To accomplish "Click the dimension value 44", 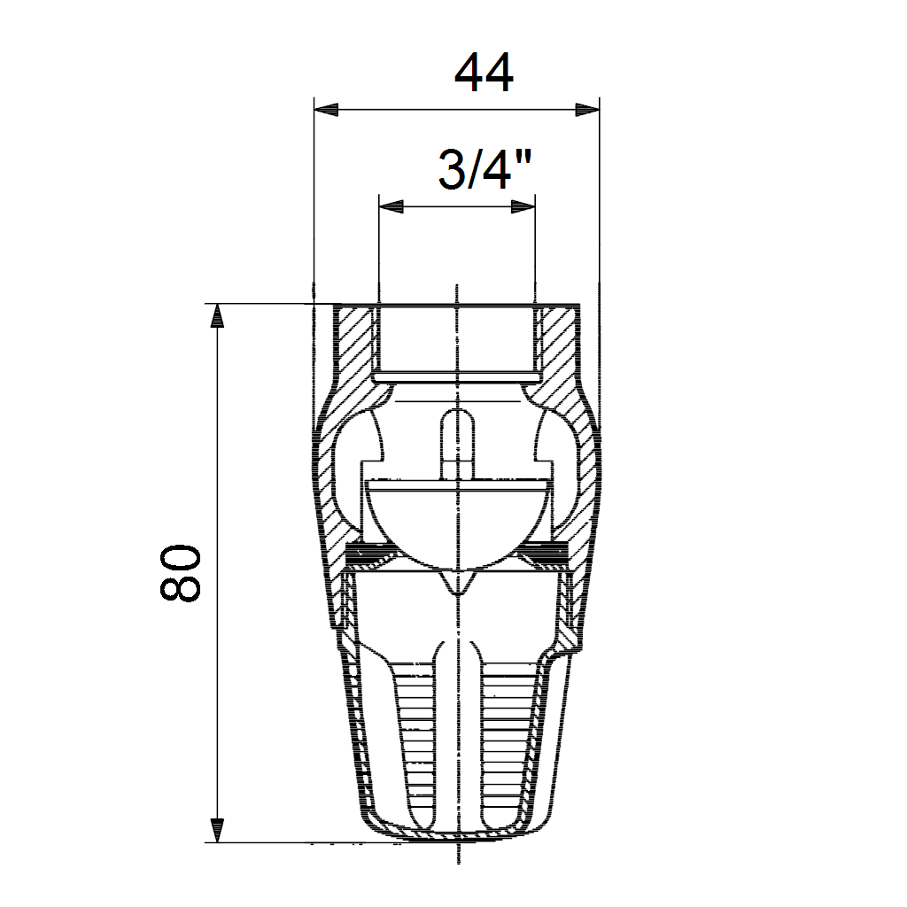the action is coord(484,73).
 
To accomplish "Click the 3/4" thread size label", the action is coord(485,169).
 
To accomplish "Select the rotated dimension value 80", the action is coord(179,573).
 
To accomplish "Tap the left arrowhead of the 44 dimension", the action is coord(326,109).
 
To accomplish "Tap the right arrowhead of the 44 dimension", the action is coord(587,109).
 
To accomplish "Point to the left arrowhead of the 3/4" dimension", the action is coord(391,206).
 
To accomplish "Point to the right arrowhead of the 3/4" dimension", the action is coord(523,206).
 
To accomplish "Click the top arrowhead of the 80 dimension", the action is coord(217,316).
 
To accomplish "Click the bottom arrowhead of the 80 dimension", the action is coord(217,830).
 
